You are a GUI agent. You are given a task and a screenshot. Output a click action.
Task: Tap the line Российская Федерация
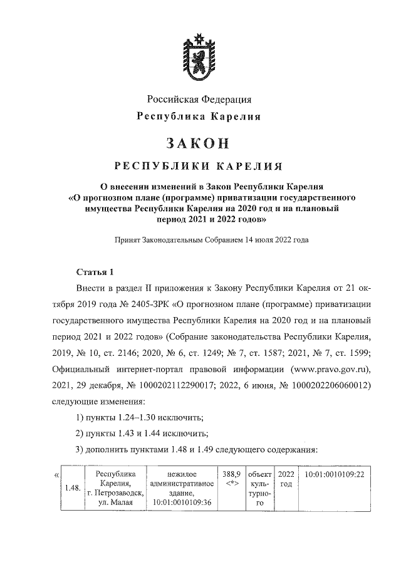(x=199, y=99)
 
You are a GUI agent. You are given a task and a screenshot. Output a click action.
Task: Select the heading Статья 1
(x=95, y=271)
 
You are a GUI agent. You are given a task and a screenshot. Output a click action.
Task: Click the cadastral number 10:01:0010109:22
(x=334, y=475)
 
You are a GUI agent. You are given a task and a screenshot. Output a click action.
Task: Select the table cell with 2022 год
(x=285, y=479)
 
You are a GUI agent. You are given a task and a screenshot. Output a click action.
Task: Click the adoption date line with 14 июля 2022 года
(x=199, y=239)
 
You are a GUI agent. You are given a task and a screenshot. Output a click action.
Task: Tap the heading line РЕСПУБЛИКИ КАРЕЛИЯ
(x=199, y=166)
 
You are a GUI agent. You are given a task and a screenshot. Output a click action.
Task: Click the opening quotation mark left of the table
(x=57, y=475)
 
